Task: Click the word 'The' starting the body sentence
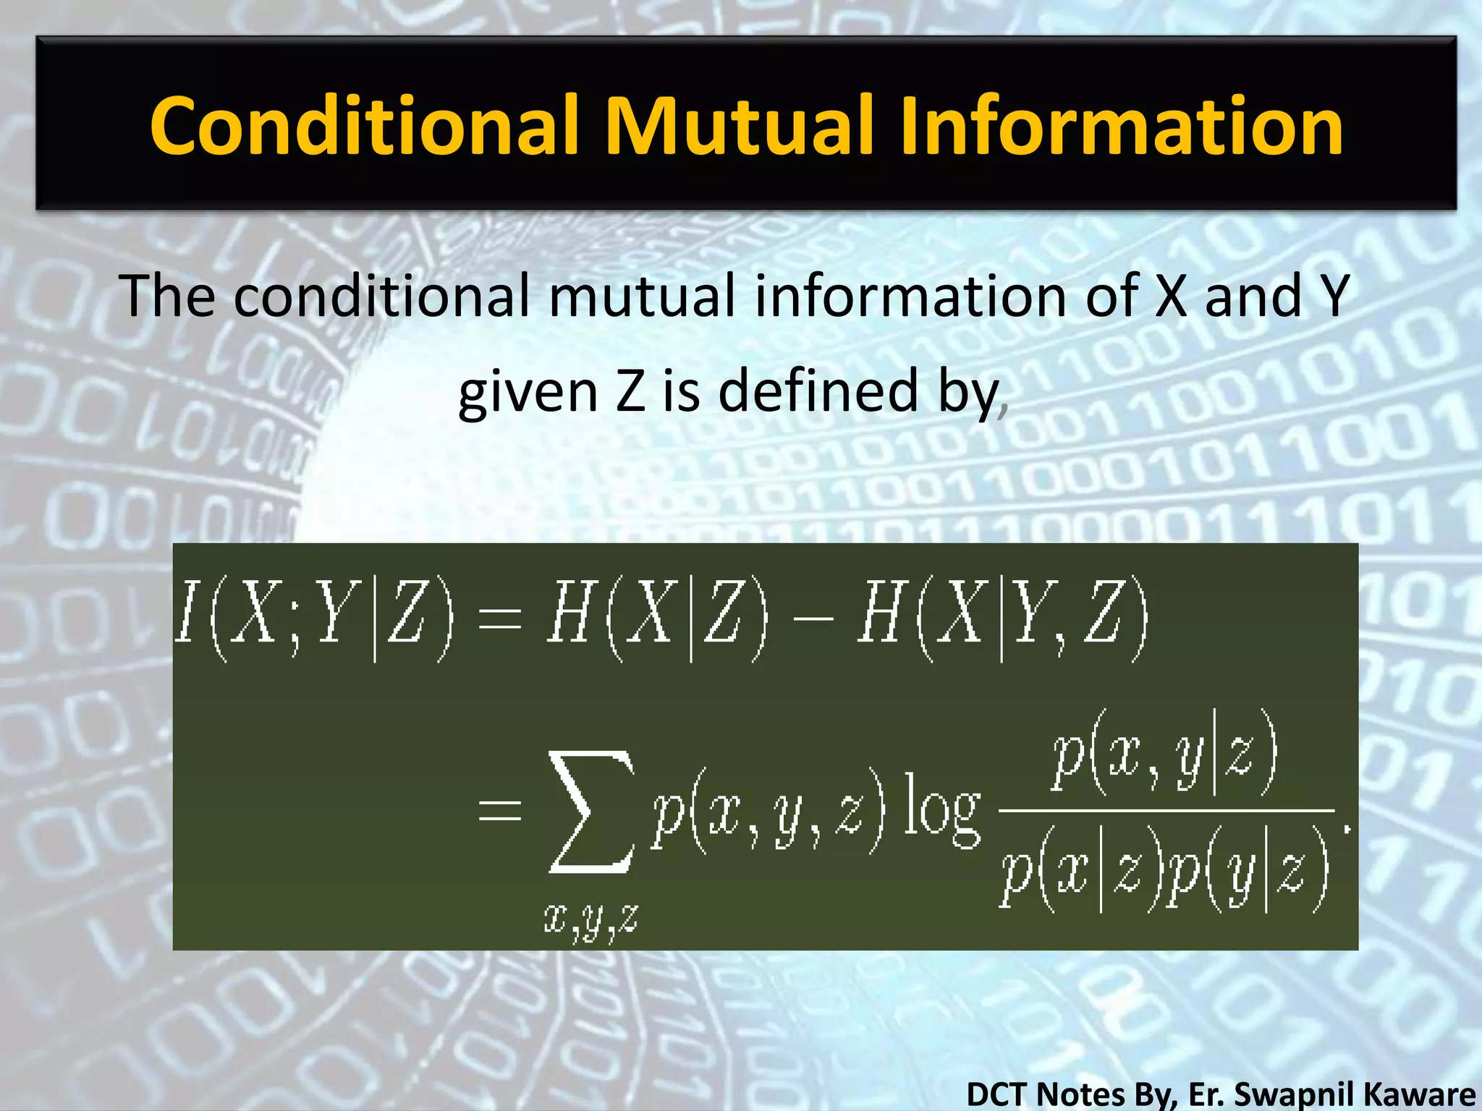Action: click(168, 296)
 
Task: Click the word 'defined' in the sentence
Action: click(819, 391)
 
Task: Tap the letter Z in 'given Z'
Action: click(631, 391)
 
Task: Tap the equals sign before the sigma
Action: click(500, 810)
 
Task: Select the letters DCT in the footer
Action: click(1002, 1093)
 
